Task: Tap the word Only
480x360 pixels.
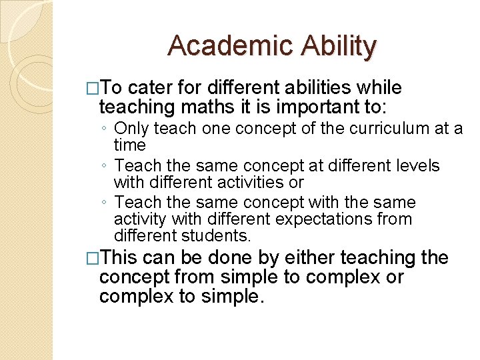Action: (131, 128)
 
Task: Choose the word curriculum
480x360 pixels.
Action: (374, 128)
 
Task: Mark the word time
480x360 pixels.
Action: (129, 144)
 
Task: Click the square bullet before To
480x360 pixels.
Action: (93, 89)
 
